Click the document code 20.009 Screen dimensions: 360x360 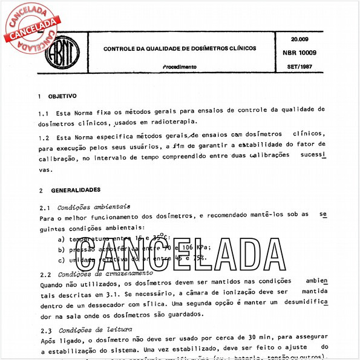pyautogui.click(x=290, y=40)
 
